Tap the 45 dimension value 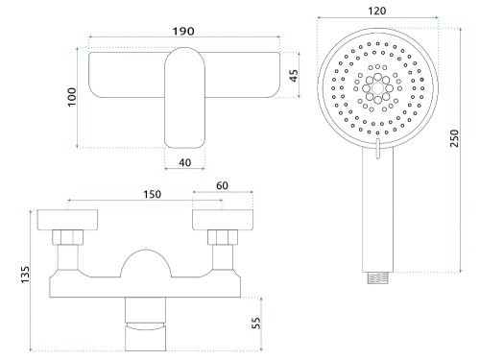pyautogui.click(x=294, y=74)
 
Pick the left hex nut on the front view pyautogui.click(x=69, y=237)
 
